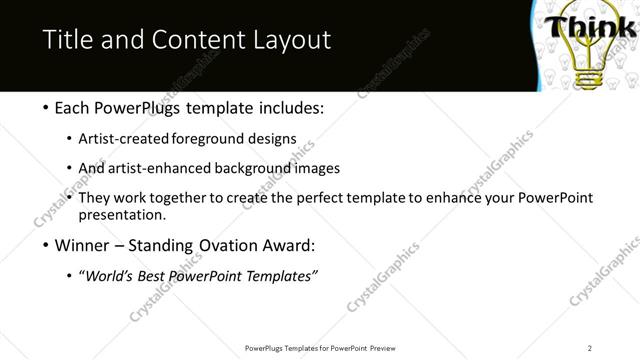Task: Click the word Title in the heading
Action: [67, 39]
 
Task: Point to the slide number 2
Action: [590, 348]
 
